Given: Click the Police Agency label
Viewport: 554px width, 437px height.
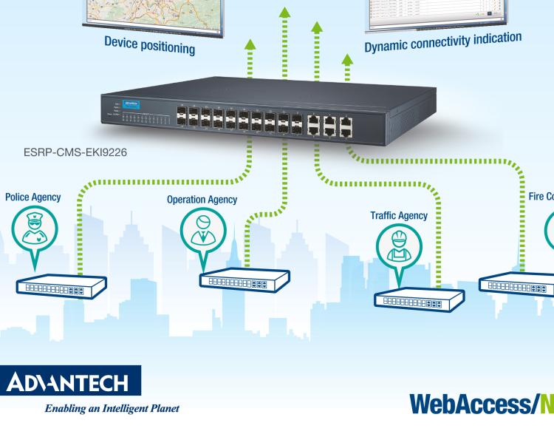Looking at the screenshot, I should click(x=33, y=197).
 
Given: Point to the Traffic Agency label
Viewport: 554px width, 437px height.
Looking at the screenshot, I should click(x=399, y=215).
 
